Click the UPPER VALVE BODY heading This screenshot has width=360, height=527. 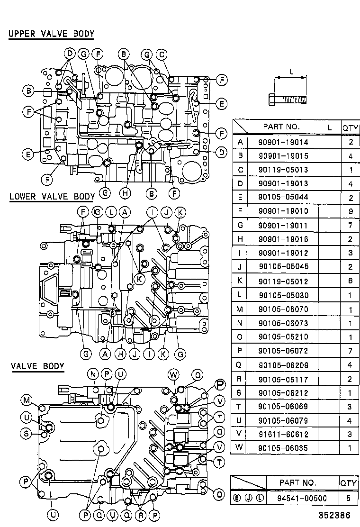tap(51, 34)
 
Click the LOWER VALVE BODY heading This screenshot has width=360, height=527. tap(52, 197)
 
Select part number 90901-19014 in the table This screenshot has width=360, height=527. tap(283, 142)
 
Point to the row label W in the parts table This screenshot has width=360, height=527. tap(240, 447)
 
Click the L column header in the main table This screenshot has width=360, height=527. tap(330, 127)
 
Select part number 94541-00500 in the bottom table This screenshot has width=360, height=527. tap(297, 498)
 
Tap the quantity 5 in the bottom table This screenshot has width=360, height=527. tap(349, 498)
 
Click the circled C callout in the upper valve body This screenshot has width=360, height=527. tap(162, 55)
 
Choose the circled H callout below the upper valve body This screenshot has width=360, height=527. tap(125, 193)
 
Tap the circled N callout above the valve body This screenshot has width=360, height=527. tap(92, 374)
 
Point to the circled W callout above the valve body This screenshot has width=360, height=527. tap(174, 375)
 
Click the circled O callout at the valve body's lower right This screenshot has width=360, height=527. tap(219, 494)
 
